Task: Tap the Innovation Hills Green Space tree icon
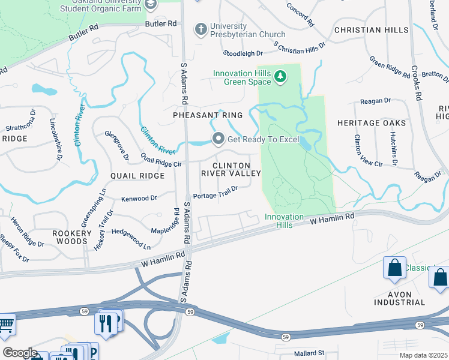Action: [280, 76]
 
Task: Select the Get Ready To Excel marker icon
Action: [218, 139]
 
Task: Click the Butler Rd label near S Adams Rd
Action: [162, 23]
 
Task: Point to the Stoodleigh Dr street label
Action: [244, 53]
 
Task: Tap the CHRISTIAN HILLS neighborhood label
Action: [371, 30]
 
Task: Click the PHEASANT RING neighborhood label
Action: [208, 115]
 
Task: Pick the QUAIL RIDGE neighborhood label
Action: [137, 176]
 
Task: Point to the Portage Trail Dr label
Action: [215, 192]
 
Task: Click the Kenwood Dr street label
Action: [139, 198]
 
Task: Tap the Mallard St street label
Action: [309, 353]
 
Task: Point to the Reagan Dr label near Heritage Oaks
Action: [375, 101]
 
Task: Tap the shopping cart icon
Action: [5, 324]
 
